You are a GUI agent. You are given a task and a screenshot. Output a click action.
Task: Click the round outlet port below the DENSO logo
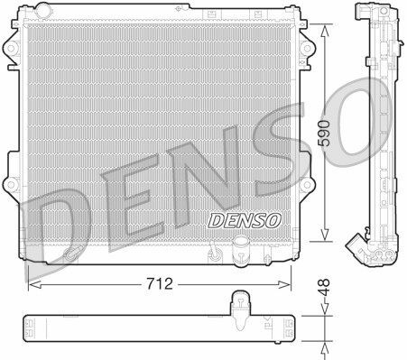[242, 245]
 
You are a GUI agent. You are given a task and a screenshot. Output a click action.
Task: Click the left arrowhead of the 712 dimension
[32, 283]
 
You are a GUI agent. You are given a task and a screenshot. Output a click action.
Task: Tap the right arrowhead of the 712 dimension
[290, 283]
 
